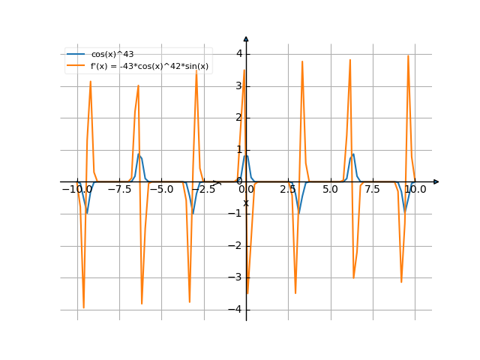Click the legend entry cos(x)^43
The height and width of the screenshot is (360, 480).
(x=112, y=55)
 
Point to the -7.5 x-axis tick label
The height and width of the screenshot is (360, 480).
(x=119, y=190)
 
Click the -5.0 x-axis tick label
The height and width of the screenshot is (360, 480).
(x=161, y=190)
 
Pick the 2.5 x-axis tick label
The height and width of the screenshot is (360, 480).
(x=288, y=190)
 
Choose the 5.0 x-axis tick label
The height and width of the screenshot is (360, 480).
(x=330, y=190)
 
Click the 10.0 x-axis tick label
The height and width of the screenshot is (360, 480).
(x=415, y=190)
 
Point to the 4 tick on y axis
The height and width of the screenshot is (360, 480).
(x=238, y=53)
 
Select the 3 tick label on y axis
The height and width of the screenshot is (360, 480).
(x=238, y=85)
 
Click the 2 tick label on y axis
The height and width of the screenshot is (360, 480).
(x=238, y=118)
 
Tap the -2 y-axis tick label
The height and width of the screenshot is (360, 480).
(x=236, y=245)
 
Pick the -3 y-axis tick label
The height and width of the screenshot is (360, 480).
(x=236, y=277)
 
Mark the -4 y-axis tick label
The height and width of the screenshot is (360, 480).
(x=236, y=309)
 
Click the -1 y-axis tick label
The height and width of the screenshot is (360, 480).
(x=236, y=214)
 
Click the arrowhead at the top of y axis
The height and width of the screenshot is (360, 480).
(x=246, y=38)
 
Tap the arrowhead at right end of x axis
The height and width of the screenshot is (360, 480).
(x=436, y=181)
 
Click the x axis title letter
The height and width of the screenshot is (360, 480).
(x=245, y=202)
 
